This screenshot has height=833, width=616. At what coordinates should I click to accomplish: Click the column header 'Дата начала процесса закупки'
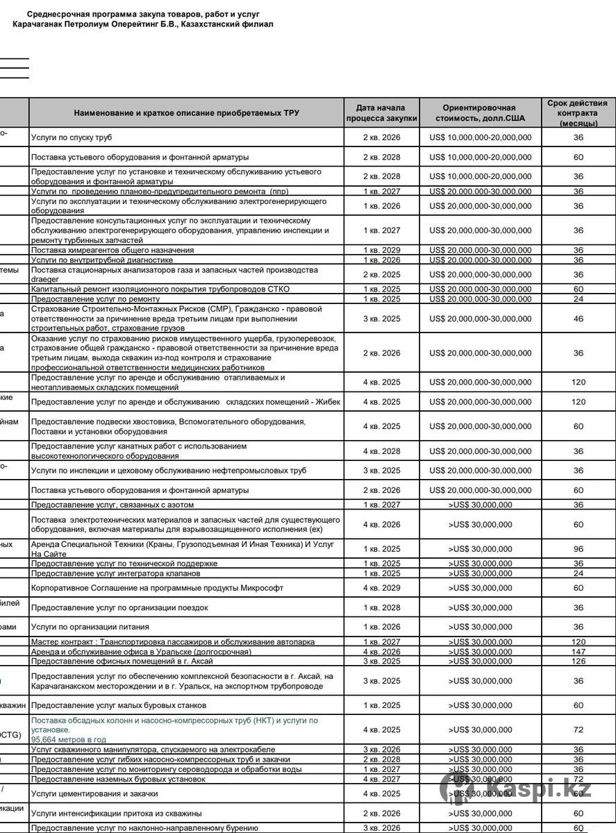(381, 112)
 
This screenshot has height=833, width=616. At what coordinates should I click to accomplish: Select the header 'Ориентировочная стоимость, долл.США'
(479, 112)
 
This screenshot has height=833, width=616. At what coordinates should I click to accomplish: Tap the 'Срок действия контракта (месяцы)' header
(578, 112)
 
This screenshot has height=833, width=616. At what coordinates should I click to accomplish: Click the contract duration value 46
(578, 319)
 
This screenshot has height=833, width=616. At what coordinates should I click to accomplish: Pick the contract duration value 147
(578, 652)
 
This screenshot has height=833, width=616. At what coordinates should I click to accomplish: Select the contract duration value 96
(578, 549)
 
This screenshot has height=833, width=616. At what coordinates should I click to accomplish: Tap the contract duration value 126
(578, 661)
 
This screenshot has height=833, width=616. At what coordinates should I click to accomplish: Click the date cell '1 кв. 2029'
(381, 250)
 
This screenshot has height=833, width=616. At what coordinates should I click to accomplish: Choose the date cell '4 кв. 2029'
(381, 588)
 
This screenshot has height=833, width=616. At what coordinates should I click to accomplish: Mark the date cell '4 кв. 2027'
(381, 779)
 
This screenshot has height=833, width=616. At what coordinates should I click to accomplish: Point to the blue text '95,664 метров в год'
(69, 739)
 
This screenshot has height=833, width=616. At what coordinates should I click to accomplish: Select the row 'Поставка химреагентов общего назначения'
(113, 250)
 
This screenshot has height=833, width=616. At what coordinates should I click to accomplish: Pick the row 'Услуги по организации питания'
(90, 627)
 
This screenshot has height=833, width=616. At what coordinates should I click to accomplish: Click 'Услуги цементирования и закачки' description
(94, 793)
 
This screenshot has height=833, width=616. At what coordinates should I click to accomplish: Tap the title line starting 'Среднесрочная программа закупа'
(143, 14)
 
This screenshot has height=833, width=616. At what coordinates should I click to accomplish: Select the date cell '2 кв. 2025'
(381, 275)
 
